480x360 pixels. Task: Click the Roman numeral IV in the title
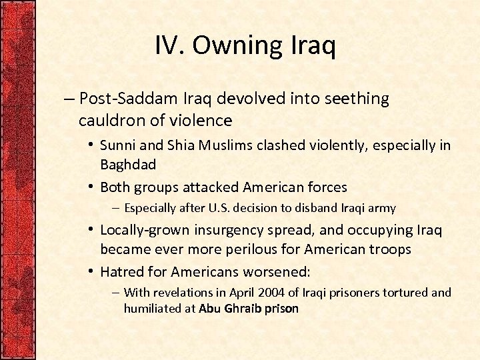point(169,46)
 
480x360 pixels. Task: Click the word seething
point(357,99)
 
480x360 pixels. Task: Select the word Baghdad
point(127,164)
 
